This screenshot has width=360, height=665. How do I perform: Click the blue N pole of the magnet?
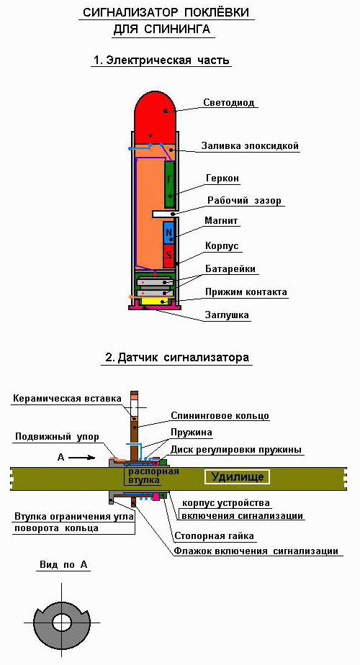coord(169,233)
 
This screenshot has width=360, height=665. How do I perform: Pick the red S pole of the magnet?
coord(169,255)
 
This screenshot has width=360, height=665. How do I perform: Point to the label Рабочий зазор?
coord(244,200)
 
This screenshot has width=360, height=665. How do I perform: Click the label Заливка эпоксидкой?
coord(250,146)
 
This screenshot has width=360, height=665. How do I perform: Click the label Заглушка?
coord(227,315)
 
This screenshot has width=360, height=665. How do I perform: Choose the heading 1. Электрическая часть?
coord(161,60)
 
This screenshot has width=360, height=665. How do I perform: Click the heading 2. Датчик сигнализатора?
coord(177,358)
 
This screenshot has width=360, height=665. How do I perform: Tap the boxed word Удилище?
coord(238,476)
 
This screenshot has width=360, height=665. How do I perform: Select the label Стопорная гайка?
coord(215,536)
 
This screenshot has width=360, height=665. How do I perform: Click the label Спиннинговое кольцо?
coord(220,416)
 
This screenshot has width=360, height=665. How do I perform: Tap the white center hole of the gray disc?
coord(62,623)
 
